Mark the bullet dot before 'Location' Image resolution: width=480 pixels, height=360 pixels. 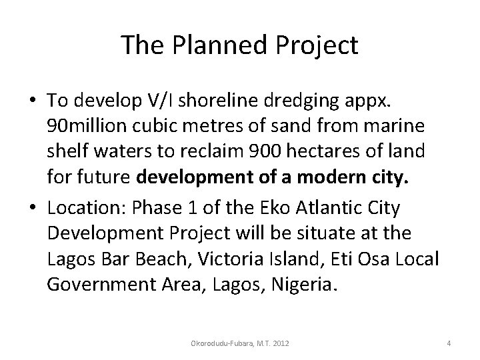(33, 207)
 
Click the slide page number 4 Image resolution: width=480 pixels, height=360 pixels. (449, 343)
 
